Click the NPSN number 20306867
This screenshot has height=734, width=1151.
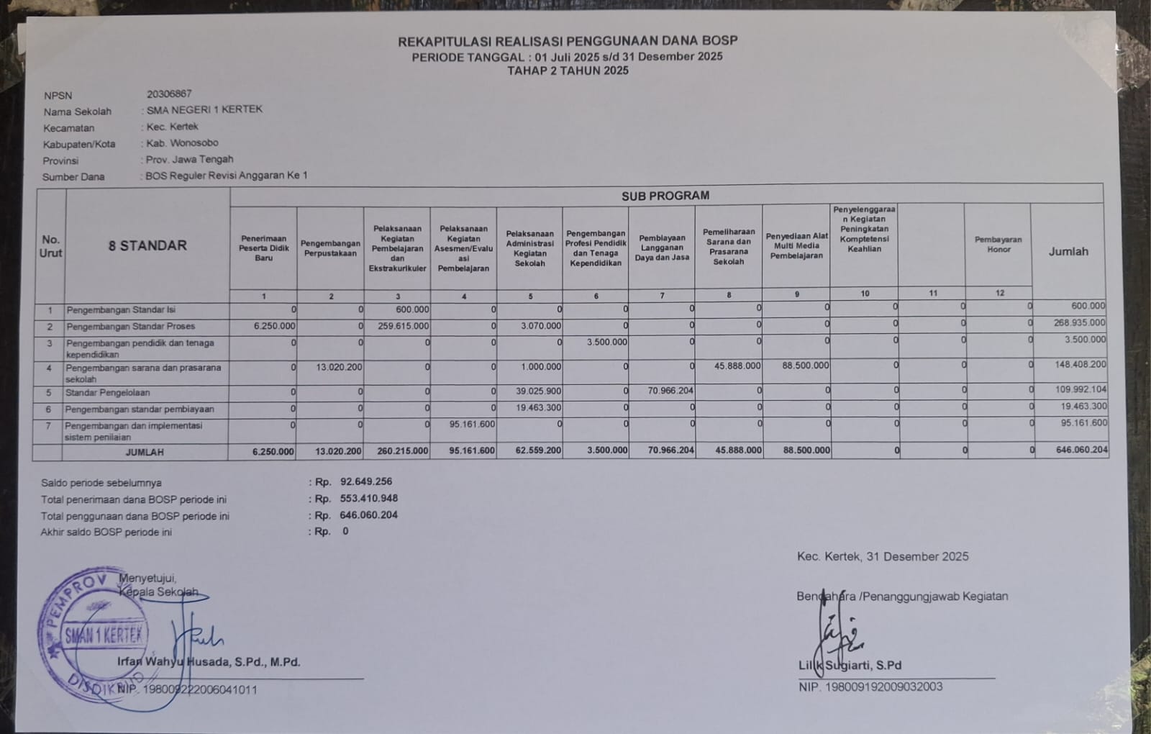click(x=169, y=94)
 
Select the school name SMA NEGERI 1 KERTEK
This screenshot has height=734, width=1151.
click(x=204, y=109)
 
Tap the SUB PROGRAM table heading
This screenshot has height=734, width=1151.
click(x=665, y=195)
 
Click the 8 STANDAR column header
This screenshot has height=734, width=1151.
click(x=147, y=245)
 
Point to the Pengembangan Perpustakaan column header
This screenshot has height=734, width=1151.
click(x=330, y=248)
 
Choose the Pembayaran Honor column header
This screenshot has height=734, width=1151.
click(x=998, y=245)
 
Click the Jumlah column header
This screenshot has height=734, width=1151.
click(x=1068, y=251)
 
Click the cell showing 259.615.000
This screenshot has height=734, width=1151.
click(x=403, y=326)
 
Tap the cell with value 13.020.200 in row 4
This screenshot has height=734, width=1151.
click(x=339, y=367)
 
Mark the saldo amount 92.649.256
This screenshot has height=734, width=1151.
click(x=366, y=481)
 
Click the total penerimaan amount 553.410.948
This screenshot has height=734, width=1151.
click(x=369, y=498)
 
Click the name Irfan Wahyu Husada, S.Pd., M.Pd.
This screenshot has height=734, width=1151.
click(x=209, y=662)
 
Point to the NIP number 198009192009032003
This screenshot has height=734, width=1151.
click(x=883, y=687)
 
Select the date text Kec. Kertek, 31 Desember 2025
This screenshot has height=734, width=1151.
click(x=883, y=556)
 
